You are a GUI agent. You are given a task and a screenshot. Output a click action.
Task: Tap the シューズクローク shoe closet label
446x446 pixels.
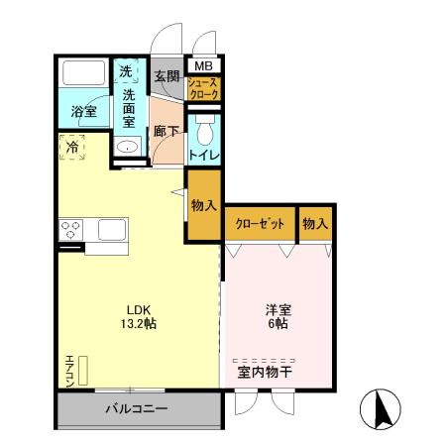click(204, 89)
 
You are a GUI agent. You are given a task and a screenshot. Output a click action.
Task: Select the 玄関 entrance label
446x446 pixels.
click(167, 76)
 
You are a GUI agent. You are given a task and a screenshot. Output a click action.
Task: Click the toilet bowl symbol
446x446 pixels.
click(204, 132)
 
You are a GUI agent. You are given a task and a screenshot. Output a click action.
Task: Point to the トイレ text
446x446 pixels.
click(205, 156)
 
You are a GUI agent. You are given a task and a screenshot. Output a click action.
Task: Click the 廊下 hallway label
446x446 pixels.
click(165, 130)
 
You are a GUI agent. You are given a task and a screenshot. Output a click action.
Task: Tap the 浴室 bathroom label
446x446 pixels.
click(84, 112)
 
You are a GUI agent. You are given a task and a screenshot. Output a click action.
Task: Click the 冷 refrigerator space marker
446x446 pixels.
click(73, 148)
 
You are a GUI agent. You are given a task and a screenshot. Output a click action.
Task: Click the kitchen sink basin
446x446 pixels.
click(110, 230)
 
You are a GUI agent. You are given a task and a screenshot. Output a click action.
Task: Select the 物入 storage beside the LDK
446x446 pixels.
click(204, 205)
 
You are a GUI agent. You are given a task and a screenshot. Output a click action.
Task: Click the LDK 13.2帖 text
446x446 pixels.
click(138, 315)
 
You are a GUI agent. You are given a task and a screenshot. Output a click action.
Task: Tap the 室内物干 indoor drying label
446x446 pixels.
click(265, 373)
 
